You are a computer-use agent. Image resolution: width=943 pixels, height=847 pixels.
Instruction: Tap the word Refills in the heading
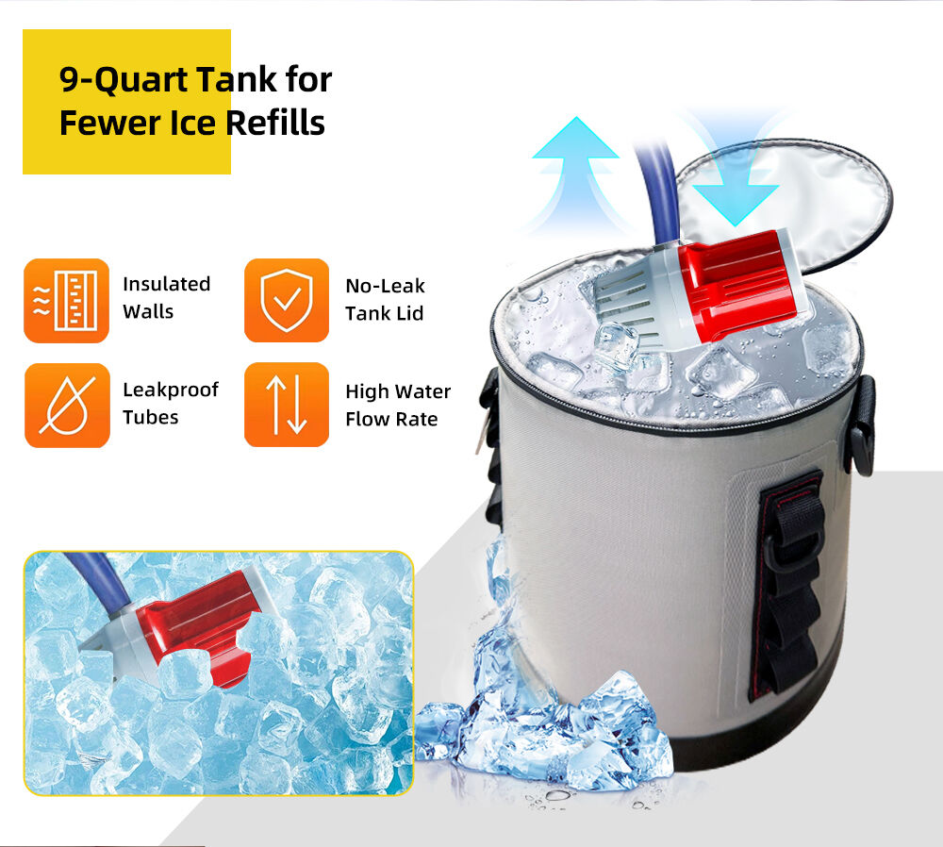coord(275,124)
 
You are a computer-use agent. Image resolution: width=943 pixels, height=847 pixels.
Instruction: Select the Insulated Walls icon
coord(66,301)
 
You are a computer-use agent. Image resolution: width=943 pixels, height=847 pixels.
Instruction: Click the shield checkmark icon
coord(287,300)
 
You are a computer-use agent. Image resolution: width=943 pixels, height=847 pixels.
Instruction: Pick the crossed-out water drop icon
coord(67,406)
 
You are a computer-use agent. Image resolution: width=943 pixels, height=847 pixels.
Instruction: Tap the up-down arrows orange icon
coord(287,405)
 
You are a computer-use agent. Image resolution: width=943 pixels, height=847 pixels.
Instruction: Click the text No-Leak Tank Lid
coord(385,300)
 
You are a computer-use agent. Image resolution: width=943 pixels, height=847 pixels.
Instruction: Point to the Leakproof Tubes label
coord(170,404)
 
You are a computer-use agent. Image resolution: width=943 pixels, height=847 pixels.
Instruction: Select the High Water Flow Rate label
coord(398,406)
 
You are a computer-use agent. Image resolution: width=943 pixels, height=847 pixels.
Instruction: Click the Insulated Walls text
coord(166,298)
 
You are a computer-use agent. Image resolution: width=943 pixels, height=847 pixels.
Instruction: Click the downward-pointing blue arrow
coord(735,174)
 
